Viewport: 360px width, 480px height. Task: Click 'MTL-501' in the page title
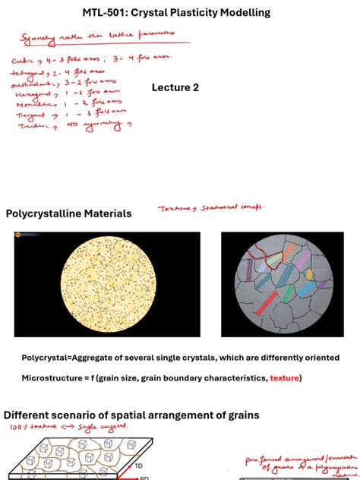click(106, 14)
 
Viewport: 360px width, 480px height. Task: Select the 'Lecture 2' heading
click(175, 87)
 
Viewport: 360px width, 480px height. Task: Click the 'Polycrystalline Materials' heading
click(68, 214)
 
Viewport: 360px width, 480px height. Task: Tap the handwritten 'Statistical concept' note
click(229, 207)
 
